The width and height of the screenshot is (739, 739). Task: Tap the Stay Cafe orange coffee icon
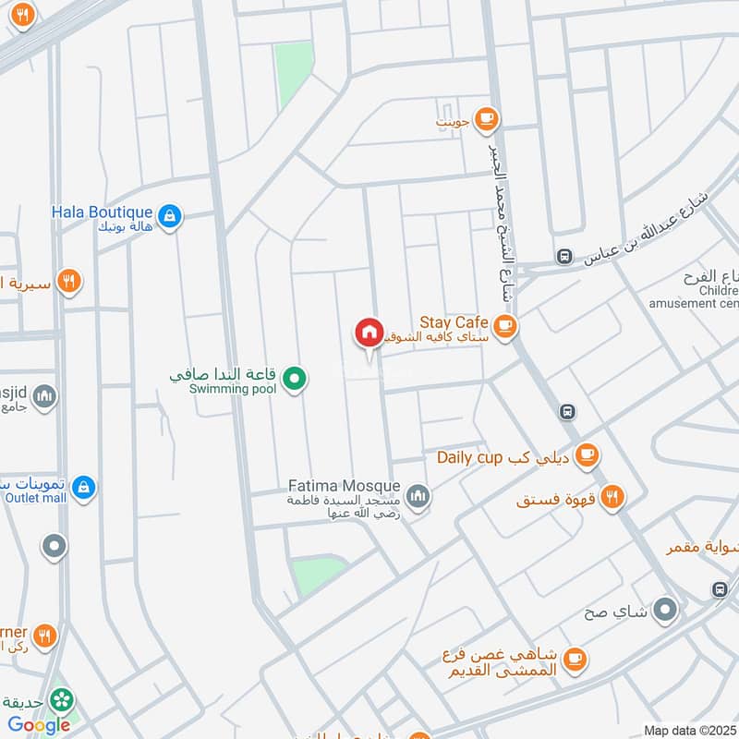[504, 324]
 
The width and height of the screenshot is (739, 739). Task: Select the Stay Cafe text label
[454, 322]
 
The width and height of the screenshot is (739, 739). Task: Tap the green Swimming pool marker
[294, 377]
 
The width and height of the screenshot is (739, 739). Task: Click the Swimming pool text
[233, 389]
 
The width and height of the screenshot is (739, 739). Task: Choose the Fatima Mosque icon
[418, 497]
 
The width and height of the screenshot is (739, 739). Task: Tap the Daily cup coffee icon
[587, 454]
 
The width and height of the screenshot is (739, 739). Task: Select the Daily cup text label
[469, 457]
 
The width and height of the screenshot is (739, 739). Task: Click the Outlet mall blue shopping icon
[83, 487]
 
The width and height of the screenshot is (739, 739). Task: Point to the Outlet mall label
[36, 498]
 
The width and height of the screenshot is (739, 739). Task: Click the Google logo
[39, 725]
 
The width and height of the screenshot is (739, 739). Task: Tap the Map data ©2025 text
[689, 730]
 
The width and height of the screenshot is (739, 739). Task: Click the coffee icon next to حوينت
[487, 118]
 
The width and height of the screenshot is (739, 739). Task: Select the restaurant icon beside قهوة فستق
[611, 499]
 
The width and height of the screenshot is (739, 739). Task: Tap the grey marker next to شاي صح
[664, 610]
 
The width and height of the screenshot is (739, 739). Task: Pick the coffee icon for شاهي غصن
[575, 659]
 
